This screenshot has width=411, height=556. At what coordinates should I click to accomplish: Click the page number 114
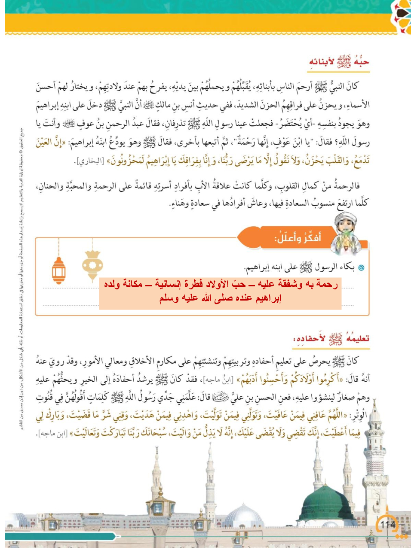[x=387, y=524]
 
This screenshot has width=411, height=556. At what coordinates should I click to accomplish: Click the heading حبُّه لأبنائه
[x=339, y=62]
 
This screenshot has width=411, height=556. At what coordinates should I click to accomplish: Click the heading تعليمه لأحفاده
[x=331, y=339]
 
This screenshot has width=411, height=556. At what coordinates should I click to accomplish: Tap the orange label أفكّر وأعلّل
[x=298, y=237]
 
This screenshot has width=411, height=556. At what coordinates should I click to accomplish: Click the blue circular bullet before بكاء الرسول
[x=361, y=267]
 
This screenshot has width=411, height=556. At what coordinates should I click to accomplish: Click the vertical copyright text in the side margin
[x=21, y=279]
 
